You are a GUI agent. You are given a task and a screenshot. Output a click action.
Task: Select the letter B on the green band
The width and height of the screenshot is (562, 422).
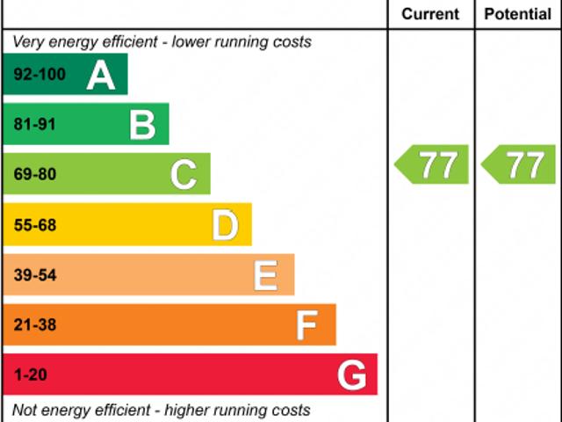pyautogui.click(x=142, y=125)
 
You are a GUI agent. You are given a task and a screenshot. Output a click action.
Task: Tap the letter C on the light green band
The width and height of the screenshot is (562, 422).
pyautogui.click(x=184, y=175)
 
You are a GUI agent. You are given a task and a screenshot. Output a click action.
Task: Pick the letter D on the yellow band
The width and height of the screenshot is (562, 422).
pyautogui.click(x=225, y=225)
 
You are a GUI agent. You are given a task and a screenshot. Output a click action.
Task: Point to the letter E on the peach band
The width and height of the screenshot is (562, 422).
pyautogui.click(x=265, y=275)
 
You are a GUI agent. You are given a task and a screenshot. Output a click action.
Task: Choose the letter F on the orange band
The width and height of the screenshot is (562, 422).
pyautogui.click(x=306, y=325)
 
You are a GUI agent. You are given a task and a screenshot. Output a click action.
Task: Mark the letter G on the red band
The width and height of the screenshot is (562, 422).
pyautogui.click(x=352, y=375)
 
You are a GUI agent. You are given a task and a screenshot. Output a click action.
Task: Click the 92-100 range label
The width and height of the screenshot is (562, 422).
pyautogui.click(x=40, y=75)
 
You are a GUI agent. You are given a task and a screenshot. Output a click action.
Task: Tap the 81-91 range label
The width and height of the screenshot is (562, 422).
pyautogui.click(x=34, y=125)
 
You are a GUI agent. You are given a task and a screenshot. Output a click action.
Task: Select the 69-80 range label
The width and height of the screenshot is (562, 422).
pyautogui.click(x=34, y=175)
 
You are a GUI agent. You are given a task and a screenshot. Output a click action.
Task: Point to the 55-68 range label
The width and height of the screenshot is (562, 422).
pyautogui.click(x=34, y=225)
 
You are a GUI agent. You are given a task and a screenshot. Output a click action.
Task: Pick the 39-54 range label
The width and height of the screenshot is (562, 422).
pyautogui.click(x=34, y=275)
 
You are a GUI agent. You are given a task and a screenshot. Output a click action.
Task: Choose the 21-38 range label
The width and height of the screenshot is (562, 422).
pyautogui.click(x=34, y=325)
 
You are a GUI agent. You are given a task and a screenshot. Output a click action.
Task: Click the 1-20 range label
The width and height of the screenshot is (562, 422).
pyautogui.click(x=30, y=375)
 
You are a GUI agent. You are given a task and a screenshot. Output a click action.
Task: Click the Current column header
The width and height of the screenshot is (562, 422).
pyautogui.click(x=430, y=14)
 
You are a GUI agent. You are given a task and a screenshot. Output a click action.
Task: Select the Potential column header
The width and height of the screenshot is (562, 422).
pyautogui.click(x=518, y=14)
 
